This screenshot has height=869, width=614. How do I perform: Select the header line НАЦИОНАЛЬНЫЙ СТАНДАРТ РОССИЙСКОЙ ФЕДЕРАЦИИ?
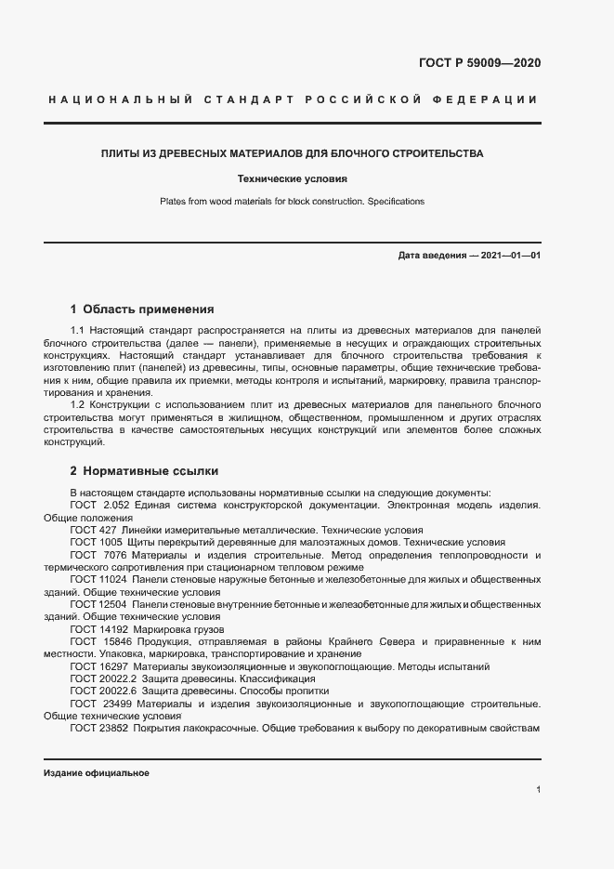point(293,99)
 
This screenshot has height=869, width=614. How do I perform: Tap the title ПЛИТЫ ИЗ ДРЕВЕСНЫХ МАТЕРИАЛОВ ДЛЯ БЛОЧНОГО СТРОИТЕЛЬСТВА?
point(292,153)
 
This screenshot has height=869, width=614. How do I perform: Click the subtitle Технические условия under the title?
point(292,178)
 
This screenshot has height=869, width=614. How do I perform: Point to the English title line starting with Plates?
point(292,201)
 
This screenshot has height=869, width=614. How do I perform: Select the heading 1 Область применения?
point(142,309)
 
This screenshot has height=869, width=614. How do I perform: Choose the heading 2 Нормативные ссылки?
point(144,471)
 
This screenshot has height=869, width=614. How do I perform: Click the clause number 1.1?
point(78,330)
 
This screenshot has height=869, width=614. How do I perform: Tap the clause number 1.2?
point(78,404)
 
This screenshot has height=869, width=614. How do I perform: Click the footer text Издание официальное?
point(96,773)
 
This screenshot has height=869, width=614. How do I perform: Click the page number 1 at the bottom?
point(538,789)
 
